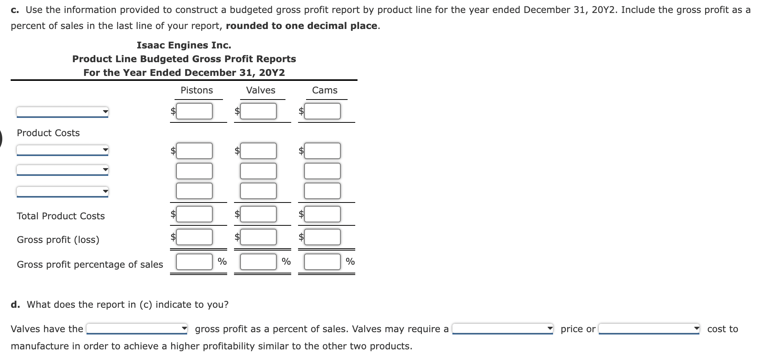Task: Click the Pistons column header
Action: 197,90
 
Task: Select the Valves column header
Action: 260,90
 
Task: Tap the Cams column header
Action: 325,90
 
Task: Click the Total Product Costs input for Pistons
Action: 194,214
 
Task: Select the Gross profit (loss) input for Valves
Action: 258,237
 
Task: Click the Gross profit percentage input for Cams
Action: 322,262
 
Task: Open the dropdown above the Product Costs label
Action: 63,112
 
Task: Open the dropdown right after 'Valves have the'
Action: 137,329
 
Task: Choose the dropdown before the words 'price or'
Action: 502,329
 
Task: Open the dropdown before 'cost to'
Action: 649,329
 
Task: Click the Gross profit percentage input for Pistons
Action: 194,262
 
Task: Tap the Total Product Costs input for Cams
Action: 322,214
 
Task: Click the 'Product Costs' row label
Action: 48,133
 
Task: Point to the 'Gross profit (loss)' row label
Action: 58,240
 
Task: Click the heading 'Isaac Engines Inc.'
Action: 184,45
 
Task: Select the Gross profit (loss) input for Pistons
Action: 194,237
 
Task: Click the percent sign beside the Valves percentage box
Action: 286,262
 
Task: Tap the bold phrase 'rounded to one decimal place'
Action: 301,26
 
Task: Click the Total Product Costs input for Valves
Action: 258,214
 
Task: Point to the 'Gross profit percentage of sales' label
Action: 90,265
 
